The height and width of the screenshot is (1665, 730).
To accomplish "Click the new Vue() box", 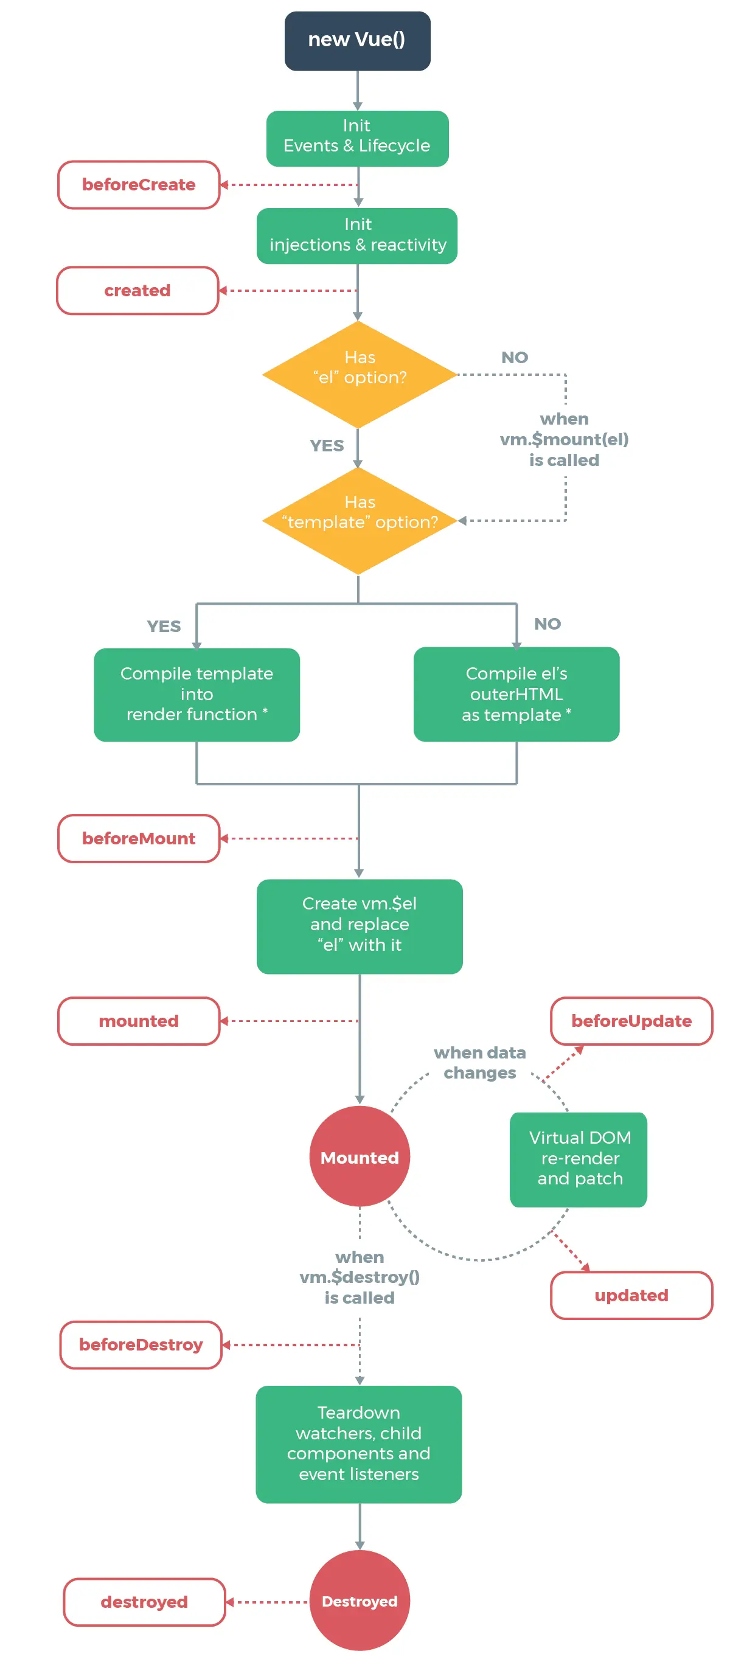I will [357, 40].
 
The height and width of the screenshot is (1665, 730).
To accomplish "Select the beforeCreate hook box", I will [138, 185].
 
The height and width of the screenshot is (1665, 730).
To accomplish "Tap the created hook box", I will [137, 291].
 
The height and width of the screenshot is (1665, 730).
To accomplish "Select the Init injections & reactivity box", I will [357, 235].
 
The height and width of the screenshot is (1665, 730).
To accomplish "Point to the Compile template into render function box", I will [196, 694].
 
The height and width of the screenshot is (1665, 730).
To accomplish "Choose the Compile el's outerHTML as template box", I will [516, 694].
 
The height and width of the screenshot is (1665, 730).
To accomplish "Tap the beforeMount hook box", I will [138, 838].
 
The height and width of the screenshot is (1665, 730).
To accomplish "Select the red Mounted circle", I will [360, 1156].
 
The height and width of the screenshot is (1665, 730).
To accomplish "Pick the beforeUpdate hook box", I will [631, 1021].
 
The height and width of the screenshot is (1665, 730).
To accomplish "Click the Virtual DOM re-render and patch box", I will [579, 1159].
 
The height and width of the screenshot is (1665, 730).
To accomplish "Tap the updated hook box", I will [631, 1295].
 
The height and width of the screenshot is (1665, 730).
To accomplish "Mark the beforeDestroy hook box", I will [141, 1344].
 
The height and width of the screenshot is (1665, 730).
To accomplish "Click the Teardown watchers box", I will [359, 1444].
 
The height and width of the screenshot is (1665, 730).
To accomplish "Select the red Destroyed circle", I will [360, 1601].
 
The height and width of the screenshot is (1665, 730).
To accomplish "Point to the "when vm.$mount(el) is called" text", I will [564, 439].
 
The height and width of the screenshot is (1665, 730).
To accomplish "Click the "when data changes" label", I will [480, 1063].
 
